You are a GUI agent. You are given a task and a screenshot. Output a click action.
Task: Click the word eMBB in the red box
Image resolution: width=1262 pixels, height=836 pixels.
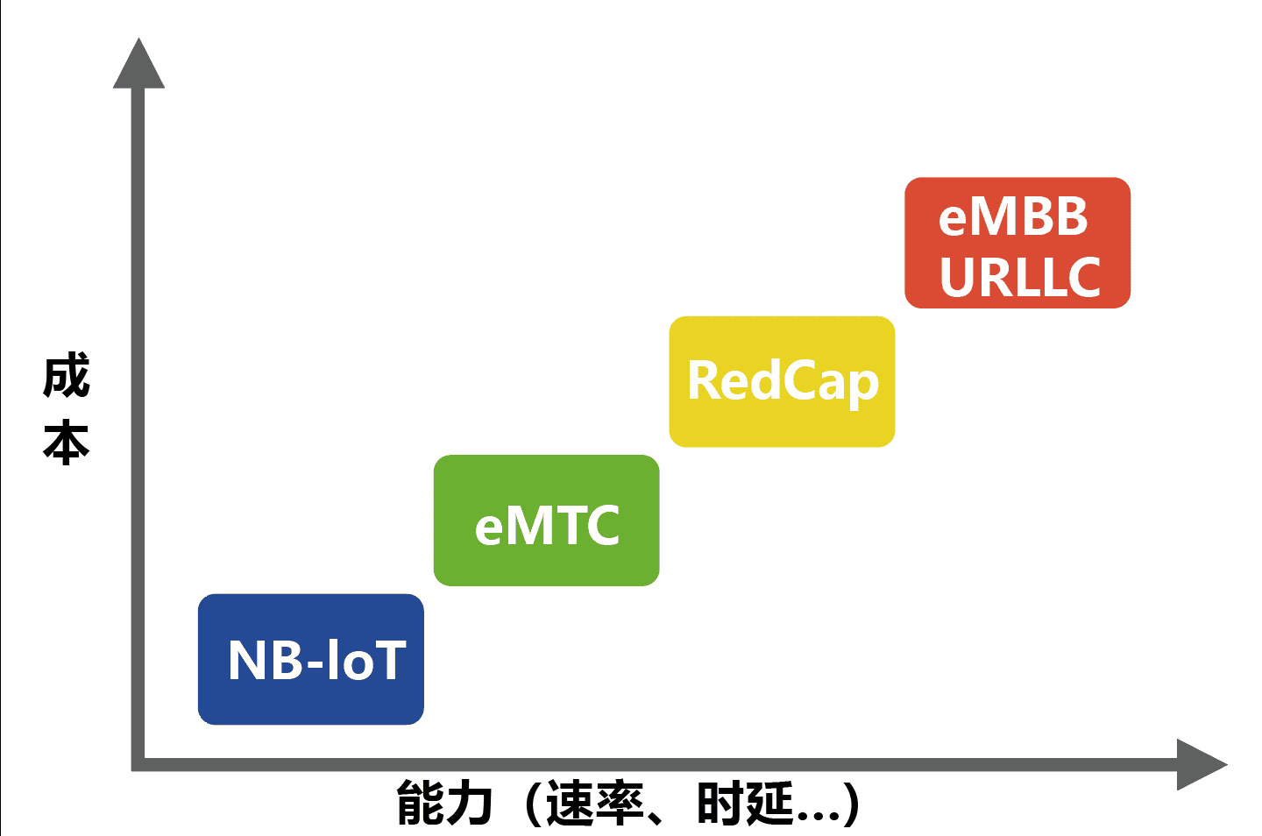(1013, 216)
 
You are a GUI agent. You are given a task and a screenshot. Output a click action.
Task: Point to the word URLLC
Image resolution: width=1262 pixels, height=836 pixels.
(1019, 277)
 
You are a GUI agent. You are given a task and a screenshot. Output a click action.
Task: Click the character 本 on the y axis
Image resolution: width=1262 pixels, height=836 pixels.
(66, 441)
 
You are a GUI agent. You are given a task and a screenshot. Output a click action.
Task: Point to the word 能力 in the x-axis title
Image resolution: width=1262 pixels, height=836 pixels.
(444, 804)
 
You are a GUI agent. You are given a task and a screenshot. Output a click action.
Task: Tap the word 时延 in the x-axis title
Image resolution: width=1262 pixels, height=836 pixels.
(745, 804)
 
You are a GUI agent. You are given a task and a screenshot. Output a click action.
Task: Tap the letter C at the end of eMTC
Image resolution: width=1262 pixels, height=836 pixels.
(603, 526)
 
